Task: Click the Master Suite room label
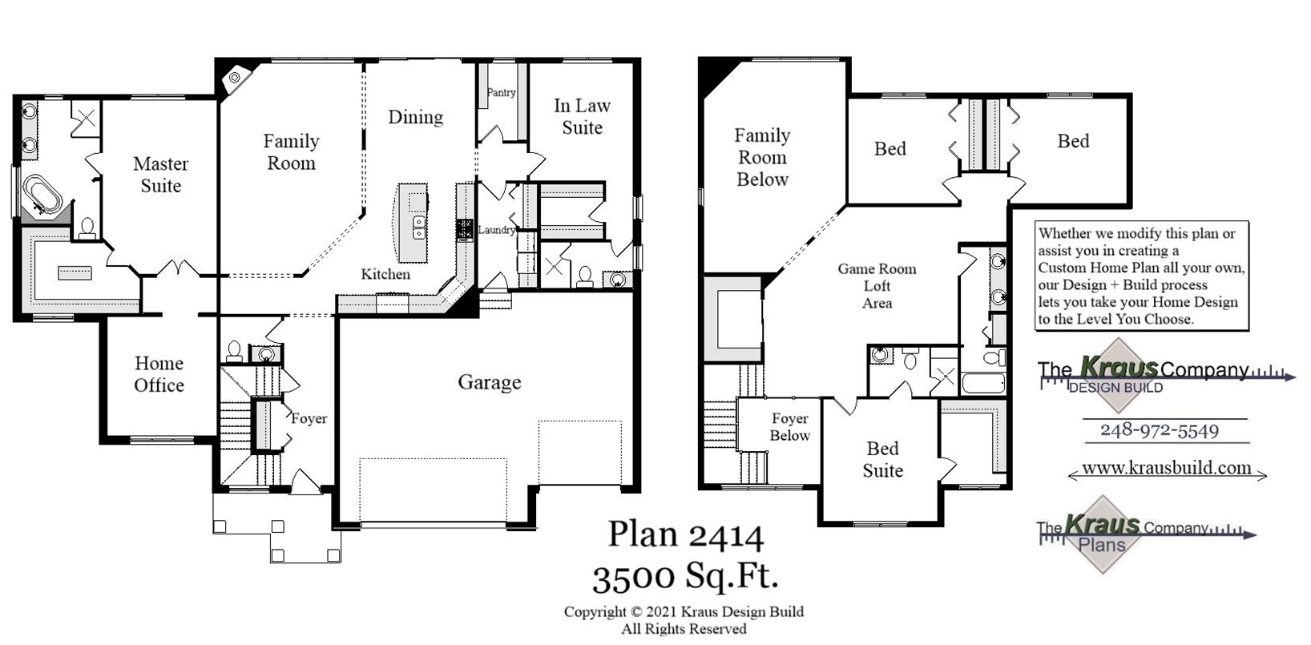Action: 160,175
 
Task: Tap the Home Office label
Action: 159,374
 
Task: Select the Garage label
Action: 489,382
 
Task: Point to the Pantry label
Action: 502,92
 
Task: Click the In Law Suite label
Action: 582,116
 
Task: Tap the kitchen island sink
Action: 418,226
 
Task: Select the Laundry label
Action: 496,230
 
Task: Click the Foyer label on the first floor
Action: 309,418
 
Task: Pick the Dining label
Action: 415,117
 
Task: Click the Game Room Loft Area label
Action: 877,286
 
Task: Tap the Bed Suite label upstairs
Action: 882,459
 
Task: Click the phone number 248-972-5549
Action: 1159,430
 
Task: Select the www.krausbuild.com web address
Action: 1166,468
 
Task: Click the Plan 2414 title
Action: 685,534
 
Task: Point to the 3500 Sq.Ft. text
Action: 685,574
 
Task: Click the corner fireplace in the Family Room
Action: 235,78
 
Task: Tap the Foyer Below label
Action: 789,427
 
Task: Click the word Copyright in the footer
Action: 592,612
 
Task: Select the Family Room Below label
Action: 762,157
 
